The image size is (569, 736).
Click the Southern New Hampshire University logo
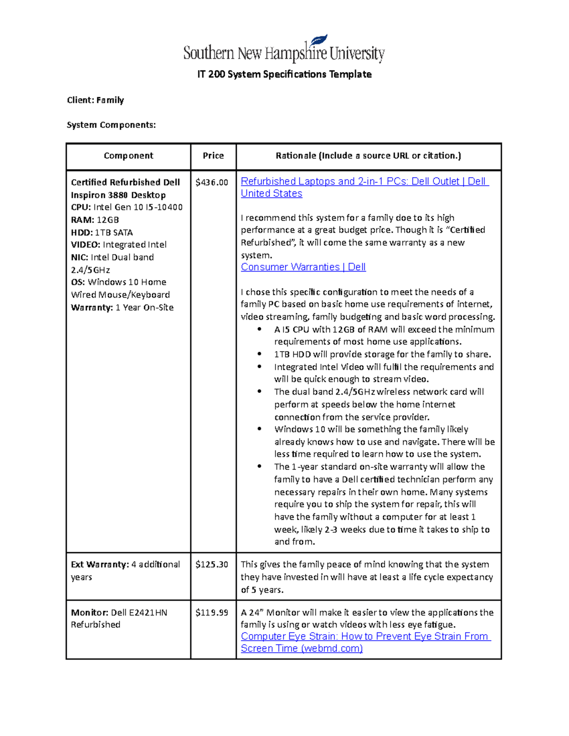tap(284, 50)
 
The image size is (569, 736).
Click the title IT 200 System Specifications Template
tap(284, 74)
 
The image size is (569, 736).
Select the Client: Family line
tap(95, 100)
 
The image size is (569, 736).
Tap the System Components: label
tap(111, 125)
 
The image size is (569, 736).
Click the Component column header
tap(128, 156)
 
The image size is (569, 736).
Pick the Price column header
tap(213, 156)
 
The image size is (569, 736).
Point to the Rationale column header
tap(368, 156)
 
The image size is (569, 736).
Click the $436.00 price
tap(211, 182)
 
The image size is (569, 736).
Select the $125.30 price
tap(211, 565)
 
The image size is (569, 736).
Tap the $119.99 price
tap(211, 613)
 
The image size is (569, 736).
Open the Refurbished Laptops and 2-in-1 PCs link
tap(364, 182)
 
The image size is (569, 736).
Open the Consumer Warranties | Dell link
tap(303, 267)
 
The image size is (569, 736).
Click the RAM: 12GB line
tap(95, 220)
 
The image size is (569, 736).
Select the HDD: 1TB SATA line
tap(102, 233)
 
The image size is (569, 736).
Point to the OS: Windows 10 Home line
tap(119, 282)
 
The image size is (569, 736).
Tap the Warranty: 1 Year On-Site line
tap(122, 308)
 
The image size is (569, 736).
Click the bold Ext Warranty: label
tap(100, 565)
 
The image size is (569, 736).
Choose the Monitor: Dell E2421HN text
tap(119, 613)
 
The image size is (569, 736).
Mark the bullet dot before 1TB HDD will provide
tap(259, 354)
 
